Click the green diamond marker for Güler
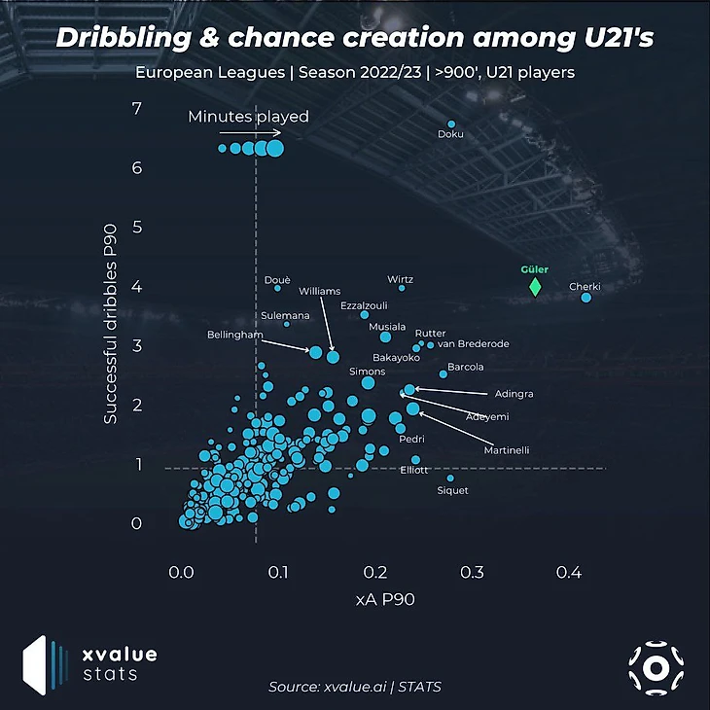coord(535,287)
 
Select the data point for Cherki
coord(586,298)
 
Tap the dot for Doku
coord(451,124)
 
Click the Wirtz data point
coord(401,287)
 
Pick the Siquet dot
coord(449,478)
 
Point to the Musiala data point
coord(385,337)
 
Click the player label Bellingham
coord(235,336)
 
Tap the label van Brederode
coord(474,343)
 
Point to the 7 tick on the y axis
coord(137,108)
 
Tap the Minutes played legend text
coord(248,117)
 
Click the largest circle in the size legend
coord(275,148)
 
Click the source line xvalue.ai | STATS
coord(355,688)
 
